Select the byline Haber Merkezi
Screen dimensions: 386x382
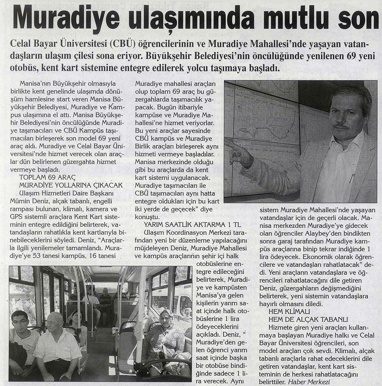[x=309, y=381]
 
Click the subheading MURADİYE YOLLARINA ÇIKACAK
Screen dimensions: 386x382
[x=71, y=185]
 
